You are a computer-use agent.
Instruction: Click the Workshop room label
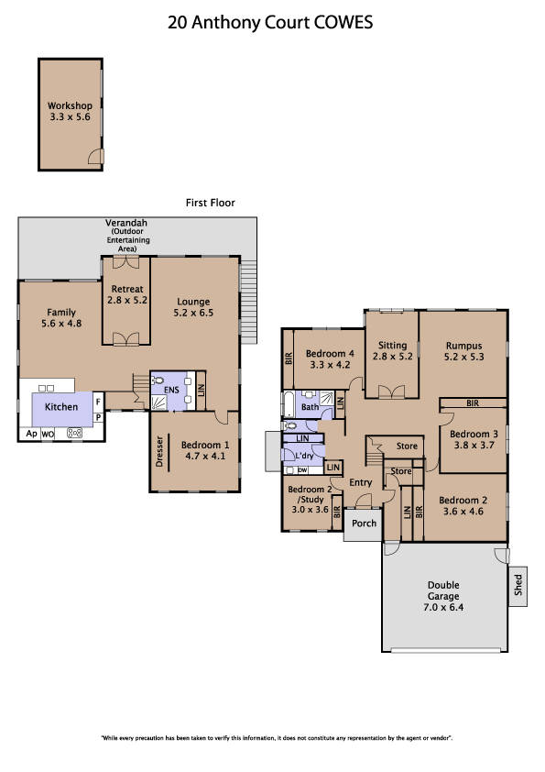70,105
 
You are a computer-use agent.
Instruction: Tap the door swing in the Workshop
96,157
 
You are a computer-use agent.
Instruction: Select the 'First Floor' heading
210,203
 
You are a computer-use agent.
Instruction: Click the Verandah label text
126,223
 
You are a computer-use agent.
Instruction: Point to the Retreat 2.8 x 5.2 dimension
127,300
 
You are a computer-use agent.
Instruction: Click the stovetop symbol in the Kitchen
74,434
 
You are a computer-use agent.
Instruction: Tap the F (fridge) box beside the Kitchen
98,402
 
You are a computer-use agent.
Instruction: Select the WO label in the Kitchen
48,435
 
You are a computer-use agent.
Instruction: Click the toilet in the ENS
158,380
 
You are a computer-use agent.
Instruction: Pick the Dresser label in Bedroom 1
158,451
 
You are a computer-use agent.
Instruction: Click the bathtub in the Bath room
289,405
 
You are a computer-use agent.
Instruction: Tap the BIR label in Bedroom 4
289,358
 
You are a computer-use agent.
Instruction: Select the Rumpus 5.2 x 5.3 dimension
463,357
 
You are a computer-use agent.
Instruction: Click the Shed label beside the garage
518,585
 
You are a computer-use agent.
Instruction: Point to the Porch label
364,523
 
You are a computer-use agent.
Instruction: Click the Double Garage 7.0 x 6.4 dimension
443,607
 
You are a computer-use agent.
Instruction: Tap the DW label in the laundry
302,470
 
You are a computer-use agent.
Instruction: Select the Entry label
361,482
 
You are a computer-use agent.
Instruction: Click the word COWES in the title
343,23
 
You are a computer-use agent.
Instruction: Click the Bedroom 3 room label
474,434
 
